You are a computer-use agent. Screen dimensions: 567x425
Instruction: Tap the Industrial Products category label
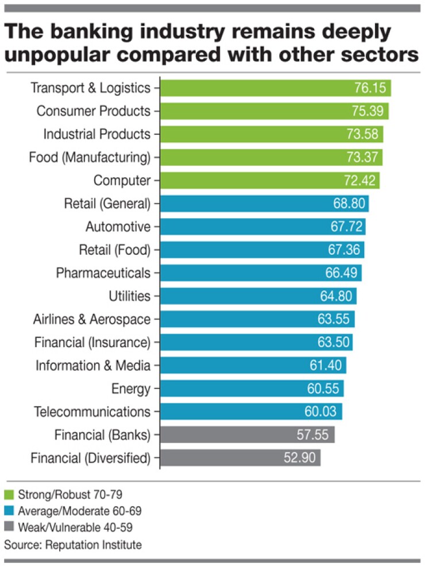[97, 134]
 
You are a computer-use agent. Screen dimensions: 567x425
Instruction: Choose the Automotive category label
[118, 227]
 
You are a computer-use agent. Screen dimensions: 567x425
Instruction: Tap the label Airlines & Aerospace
[92, 319]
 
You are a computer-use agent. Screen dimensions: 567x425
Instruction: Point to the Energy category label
[131, 389]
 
